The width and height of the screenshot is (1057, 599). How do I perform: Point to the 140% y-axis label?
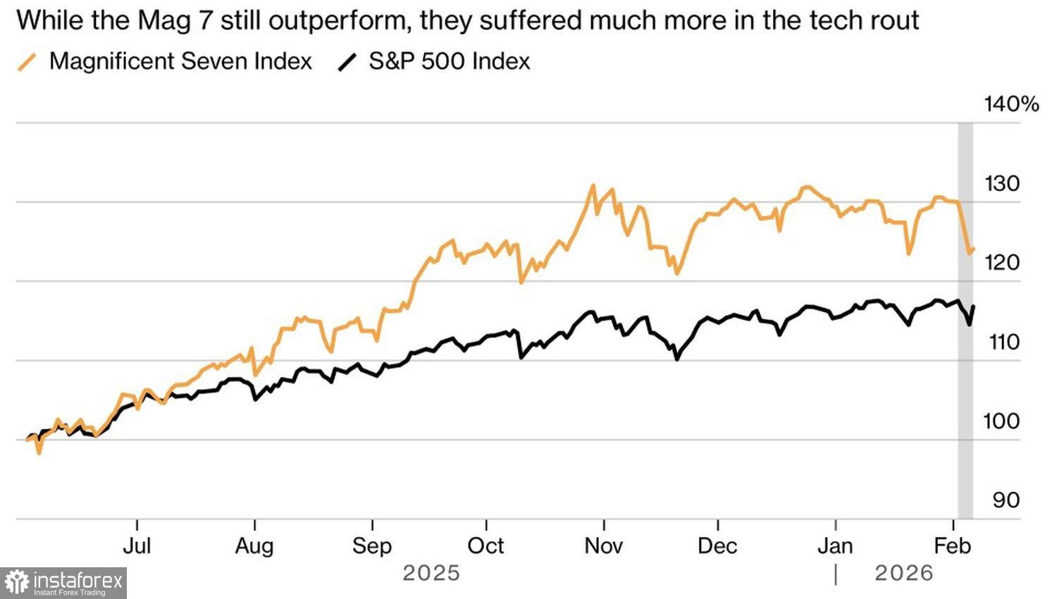[1011, 104]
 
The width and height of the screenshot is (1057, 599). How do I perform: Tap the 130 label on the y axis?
[1001, 184]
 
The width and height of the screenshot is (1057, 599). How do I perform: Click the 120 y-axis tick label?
[1001, 263]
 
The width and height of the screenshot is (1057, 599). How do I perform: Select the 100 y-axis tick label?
[1001, 421]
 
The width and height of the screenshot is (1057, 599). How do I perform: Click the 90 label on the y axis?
[1006, 500]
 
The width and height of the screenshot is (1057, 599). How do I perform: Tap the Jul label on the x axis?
[137, 546]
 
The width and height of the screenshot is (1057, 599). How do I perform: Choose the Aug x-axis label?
[254, 546]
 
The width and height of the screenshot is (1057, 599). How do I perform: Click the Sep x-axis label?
[371, 546]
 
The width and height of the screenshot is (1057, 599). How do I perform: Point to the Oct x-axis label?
[486, 546]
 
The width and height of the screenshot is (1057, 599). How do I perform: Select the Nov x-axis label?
[604, 546]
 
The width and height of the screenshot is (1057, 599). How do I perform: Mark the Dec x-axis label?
[717, 546]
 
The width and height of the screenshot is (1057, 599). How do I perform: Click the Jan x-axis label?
[836, 546]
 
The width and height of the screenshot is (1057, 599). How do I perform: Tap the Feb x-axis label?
[953, 546]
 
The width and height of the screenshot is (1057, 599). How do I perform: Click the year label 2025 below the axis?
[431, 574]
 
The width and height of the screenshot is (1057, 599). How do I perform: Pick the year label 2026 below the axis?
[904, 574]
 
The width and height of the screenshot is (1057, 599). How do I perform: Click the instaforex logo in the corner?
[63, 583]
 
